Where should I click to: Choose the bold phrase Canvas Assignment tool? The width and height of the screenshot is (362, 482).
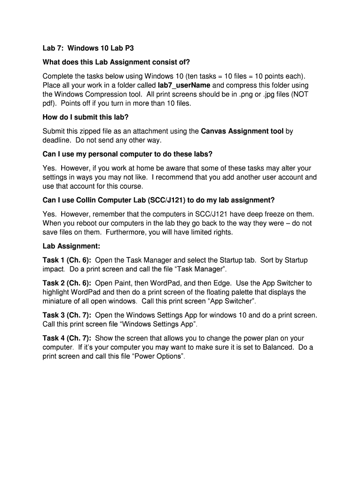[242, 131]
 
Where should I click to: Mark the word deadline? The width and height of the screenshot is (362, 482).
[57, 140]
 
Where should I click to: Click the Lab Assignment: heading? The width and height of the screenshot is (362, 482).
[71, 246]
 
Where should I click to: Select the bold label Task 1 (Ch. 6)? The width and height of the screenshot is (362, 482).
[67, 260]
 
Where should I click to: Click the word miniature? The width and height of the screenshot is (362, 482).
[59, 301]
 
